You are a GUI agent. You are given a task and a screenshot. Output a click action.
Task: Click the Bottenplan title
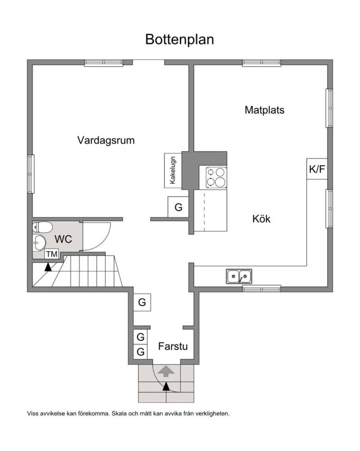coord(180,40)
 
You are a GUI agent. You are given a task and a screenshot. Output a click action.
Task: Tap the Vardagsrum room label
coord(106,140)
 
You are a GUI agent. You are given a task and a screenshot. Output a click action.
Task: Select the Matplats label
coord(265,110)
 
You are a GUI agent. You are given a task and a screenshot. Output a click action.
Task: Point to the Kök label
coord(261,219)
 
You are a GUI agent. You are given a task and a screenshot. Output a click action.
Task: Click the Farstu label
coord(173,346)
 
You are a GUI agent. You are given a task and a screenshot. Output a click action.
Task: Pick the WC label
coord(63,239)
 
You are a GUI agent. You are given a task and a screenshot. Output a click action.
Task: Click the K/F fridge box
coord(317,169)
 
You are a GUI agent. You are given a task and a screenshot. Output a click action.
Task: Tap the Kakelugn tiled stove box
coord(173,170)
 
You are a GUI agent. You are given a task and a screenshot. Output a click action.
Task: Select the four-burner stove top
coord(216,177)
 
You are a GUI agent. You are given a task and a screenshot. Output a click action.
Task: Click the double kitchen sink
coord(239,276)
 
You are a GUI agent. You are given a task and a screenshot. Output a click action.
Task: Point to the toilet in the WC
coord(42,227)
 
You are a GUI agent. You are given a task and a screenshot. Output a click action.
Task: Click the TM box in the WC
coord(52,254)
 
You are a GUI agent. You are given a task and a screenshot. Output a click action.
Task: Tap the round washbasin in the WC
coord(39,242)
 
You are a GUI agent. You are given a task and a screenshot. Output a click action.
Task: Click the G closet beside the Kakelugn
coord(178,207)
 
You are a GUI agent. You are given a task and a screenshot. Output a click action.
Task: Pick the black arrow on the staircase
coord(48,267)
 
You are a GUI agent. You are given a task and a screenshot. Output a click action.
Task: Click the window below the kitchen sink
coord(261,288)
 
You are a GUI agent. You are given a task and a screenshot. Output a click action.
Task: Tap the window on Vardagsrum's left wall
coord(31,174)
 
